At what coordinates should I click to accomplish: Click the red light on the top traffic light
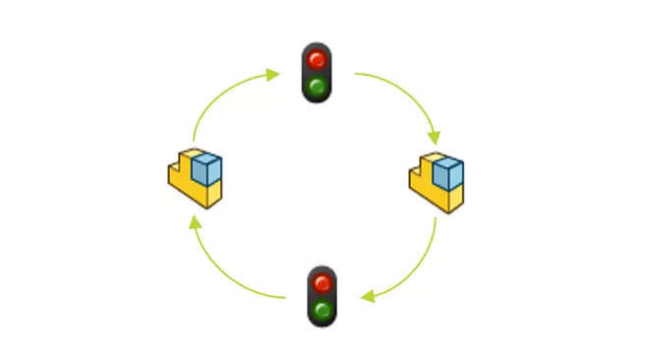pyautogui.click(x=317, y=59)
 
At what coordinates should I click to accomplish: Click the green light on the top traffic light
pyautogui.click(x=317, y=86)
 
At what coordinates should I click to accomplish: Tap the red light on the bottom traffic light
pyautogui.click(x=322, y=283)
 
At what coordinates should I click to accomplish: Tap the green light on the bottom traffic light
pyautogui.click(x=322, y=311)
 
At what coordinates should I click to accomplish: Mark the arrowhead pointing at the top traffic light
pyautogui.click(x=274, y=74)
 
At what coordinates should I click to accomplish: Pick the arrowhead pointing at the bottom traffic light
pyautogui.click(x=366, y=296)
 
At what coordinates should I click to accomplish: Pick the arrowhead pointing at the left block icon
pyautogui.click(x=195, y=222)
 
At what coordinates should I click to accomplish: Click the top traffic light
pyautogui.click(x=317, y=73)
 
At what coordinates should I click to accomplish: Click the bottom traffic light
pyautogui.click(x=322, y=296)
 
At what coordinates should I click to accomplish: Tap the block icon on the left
pyautogui.click(x=195, y=178)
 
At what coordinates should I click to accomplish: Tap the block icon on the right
pyautogui.click(x=436, y=183)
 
